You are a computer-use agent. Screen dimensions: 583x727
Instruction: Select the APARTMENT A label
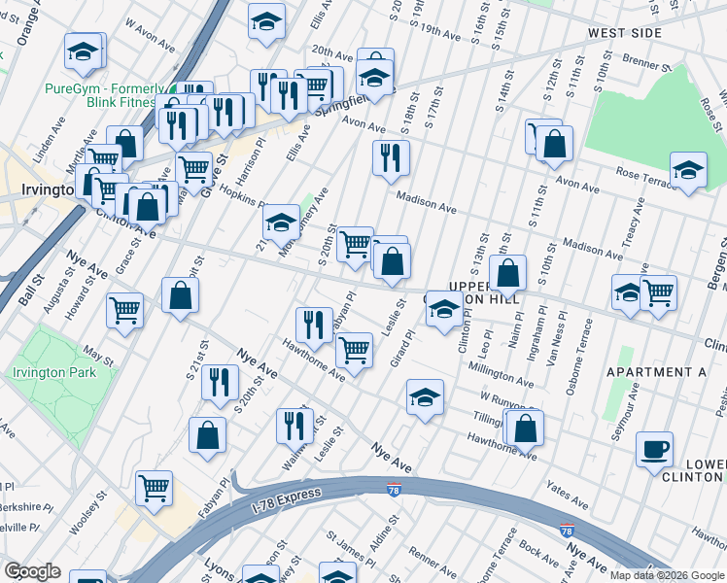click(x=656, y=372)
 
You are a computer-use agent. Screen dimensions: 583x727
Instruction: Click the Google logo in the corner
click(x=32, y=571)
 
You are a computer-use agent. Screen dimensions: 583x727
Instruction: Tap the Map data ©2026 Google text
click(x=668, y=575)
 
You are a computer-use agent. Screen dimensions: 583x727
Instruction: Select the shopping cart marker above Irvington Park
click(x=125, y=310)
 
